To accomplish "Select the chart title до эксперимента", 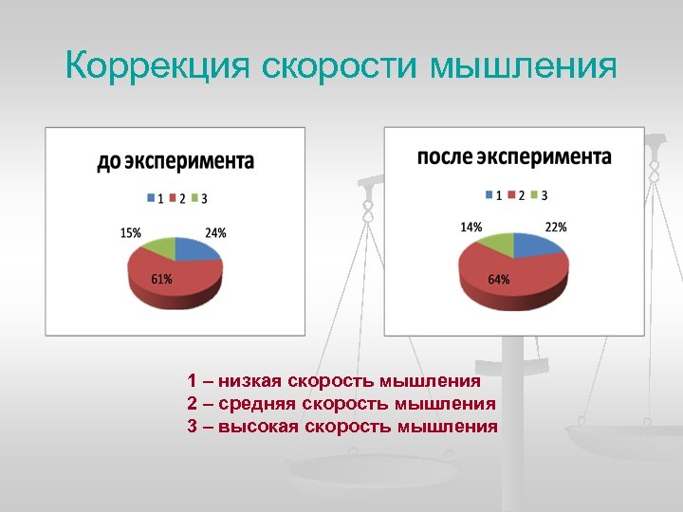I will click(175, 161).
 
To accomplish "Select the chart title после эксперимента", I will click(514, 156).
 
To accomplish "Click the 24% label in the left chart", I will click(215, 232).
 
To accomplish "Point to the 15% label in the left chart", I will click(131, 232).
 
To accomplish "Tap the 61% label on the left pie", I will click(161, 279).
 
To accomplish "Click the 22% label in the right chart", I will click(556, 227).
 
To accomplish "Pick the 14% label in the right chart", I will click(471, 227).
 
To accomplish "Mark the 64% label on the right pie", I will click(499, 279).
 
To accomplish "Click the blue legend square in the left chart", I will click(150, 198).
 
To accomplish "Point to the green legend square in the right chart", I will click(533, 194).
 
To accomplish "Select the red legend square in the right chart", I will click(509, 194).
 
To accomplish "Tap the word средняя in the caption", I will click(258, 404).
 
